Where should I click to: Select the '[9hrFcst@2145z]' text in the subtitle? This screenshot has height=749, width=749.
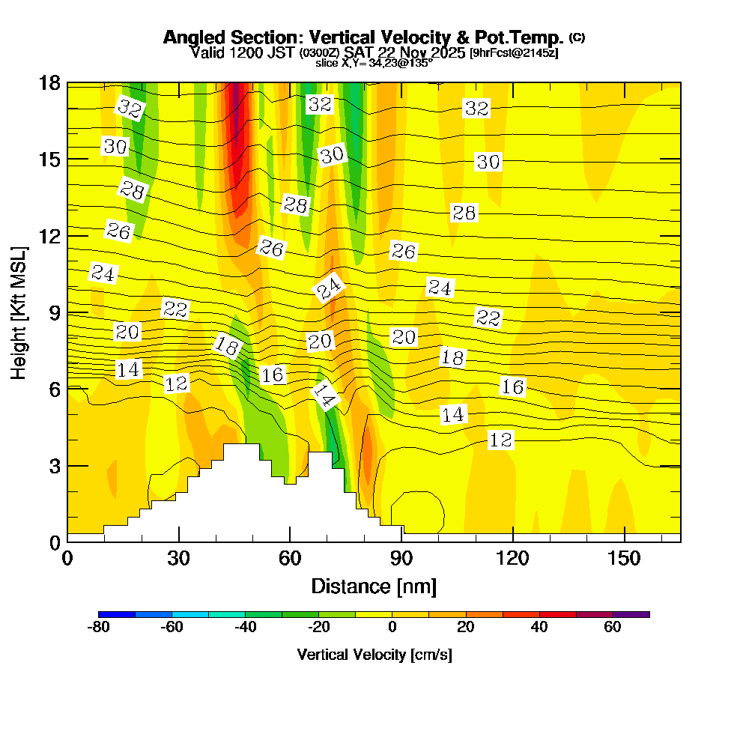click(513, 53)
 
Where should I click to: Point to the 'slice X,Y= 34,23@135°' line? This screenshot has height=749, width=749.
click(374, 63)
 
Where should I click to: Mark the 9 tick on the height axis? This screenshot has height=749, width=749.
click(54, 312)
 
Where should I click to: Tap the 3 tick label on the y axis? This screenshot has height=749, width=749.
click(54, 465)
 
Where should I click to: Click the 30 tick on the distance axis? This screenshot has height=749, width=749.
click(178, 559)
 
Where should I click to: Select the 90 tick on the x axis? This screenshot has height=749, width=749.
click(401, 559)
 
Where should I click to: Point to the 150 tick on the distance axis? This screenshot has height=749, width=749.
click(624, 559)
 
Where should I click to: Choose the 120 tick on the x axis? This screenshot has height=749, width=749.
click(512, 559)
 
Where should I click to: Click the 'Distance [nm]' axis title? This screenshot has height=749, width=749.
click(374, 585)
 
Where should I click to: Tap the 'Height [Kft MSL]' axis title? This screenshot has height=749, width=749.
click(19, 312)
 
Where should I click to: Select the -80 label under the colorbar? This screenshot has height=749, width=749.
click(99, 628)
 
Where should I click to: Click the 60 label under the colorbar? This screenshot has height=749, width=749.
click(613, 628)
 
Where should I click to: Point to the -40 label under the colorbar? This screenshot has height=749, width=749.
click(246, 628)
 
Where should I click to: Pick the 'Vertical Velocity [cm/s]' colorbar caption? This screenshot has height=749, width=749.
click(374, 655)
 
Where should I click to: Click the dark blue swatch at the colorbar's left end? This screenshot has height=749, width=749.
click(117, 614)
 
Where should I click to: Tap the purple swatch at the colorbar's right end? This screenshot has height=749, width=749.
click(631, 614)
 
